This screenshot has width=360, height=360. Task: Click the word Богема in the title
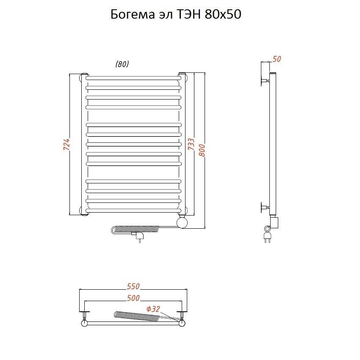133,14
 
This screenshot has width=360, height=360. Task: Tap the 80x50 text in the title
223,14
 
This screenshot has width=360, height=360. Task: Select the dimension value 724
66,144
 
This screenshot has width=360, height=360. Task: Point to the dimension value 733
191,144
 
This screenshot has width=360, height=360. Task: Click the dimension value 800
202,150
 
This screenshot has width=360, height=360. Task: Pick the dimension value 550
133,286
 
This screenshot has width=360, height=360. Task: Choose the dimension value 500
133,298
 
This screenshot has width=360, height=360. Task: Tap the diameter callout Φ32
153,309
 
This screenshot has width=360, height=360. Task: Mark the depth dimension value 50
277,59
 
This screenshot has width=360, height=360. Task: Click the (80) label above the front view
122,64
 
